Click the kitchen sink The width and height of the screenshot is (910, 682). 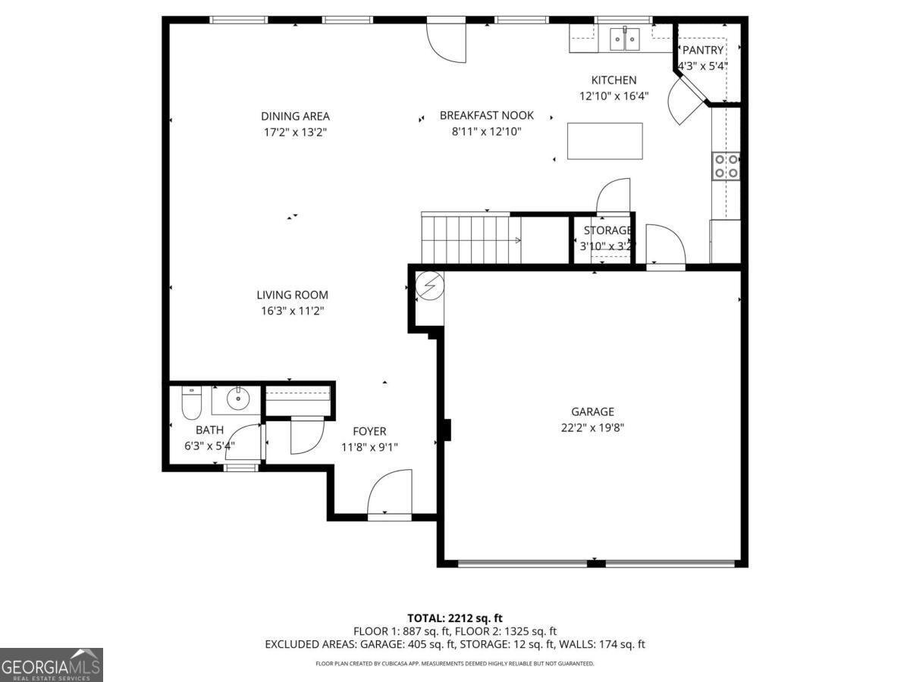[624, 39]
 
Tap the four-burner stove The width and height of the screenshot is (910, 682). [726, 166]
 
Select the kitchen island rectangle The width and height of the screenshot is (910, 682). [605, 141]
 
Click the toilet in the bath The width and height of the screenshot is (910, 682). [192, 402]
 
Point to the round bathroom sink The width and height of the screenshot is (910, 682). [238, 399]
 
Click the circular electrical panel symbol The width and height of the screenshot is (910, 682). [430, 286]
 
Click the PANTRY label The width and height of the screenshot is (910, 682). [703, 50]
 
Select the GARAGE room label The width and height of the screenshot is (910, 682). [592, 411]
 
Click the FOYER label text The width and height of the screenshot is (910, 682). [369, 431]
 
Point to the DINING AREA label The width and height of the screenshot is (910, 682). [295, 117]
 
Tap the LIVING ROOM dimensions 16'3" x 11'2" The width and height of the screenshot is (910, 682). [292, 311]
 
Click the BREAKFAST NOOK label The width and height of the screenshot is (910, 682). [487, 115]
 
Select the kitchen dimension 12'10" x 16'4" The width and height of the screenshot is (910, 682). [614, 96]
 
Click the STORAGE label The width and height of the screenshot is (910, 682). [607, 230]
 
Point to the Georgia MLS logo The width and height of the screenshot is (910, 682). [51, 665]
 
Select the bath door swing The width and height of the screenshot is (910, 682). [243, 442]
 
